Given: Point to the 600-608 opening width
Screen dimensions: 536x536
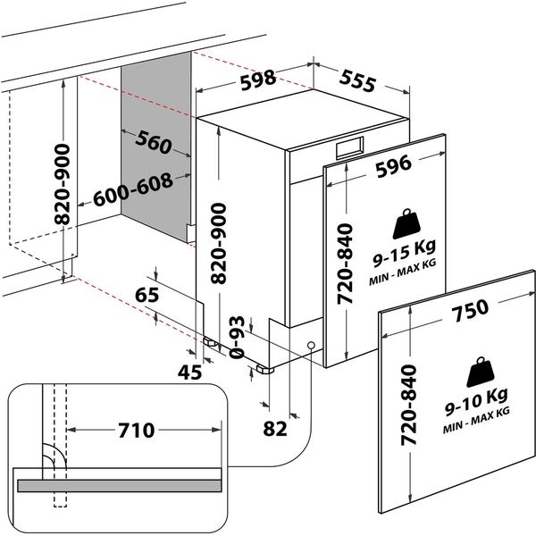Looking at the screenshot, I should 133,190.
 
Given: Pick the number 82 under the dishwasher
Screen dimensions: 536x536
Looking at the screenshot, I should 275,429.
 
